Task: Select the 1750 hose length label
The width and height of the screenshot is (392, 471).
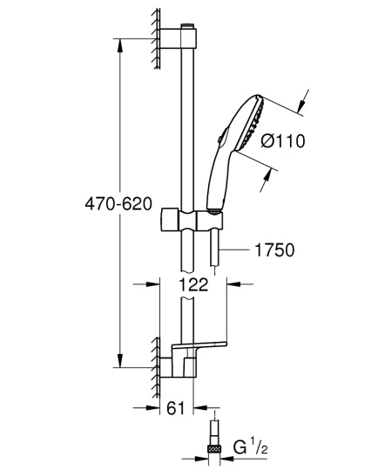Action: pos(273,250)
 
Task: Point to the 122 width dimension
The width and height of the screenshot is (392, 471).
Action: pos(193,283)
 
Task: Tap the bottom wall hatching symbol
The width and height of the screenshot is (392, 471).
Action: pos(153,365)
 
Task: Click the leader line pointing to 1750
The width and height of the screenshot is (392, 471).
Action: pos(235,250)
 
